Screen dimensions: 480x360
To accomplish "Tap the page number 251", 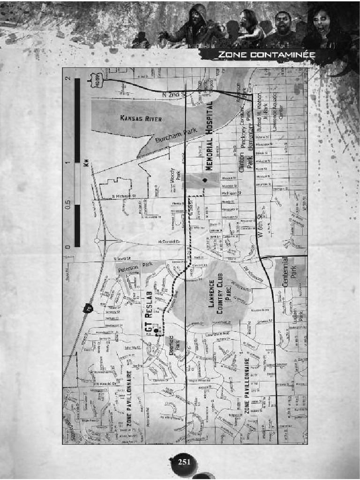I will [x=184, y=462].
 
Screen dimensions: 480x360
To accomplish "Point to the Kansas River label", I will [x=141, y=119].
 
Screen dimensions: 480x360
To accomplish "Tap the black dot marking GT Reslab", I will [x=156, y=331].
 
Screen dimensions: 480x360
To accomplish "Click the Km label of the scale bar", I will [x=86, y=163].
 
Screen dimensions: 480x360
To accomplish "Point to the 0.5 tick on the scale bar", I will [x=68, y=205].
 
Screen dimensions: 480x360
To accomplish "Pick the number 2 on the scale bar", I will [x=68, y=79].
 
